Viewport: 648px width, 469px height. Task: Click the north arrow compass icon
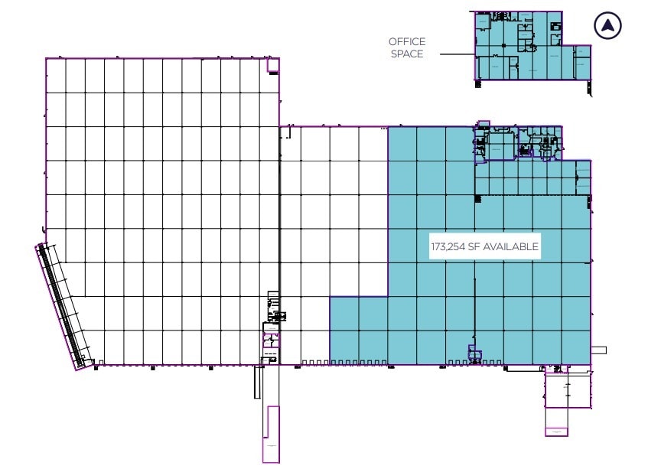click(x=607, y=26)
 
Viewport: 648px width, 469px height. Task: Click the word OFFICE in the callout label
click(x=406, y=41)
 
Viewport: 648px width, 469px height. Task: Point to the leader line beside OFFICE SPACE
click(x=450, y=54)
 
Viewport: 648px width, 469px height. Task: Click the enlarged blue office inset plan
click(x=520, y=46)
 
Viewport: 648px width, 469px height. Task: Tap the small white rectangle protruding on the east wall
click(x=598, y=350)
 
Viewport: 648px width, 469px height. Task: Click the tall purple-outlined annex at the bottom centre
click(x=271, y=434)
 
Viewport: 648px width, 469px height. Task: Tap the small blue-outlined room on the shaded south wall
click(x=474, y=355)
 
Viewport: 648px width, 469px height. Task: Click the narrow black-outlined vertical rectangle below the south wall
click(x=259, y=383)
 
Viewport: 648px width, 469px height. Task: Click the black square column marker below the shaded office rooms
click(x=477, y=198)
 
